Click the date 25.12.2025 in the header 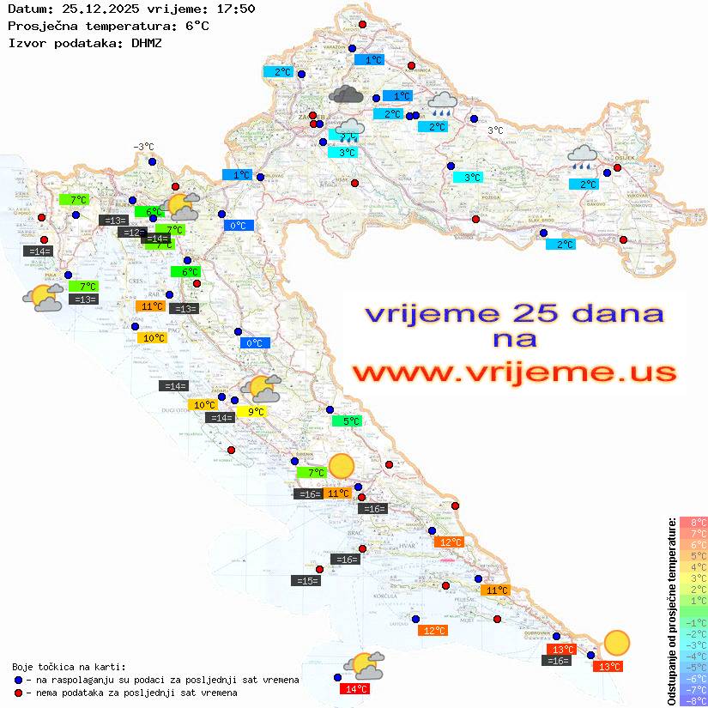(92, 9)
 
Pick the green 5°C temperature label (347, 421)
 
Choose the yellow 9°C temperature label (255, 412)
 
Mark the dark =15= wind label (307, 581)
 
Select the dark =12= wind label (131, 233)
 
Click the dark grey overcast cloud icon (345, 94)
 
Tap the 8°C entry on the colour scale (693, 523)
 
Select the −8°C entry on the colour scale (693, 700)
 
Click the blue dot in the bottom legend (18, 680)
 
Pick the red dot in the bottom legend (18, 693)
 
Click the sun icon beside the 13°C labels (615, 643)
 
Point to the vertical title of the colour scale (671, 611)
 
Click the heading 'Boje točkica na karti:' (69, 667)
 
